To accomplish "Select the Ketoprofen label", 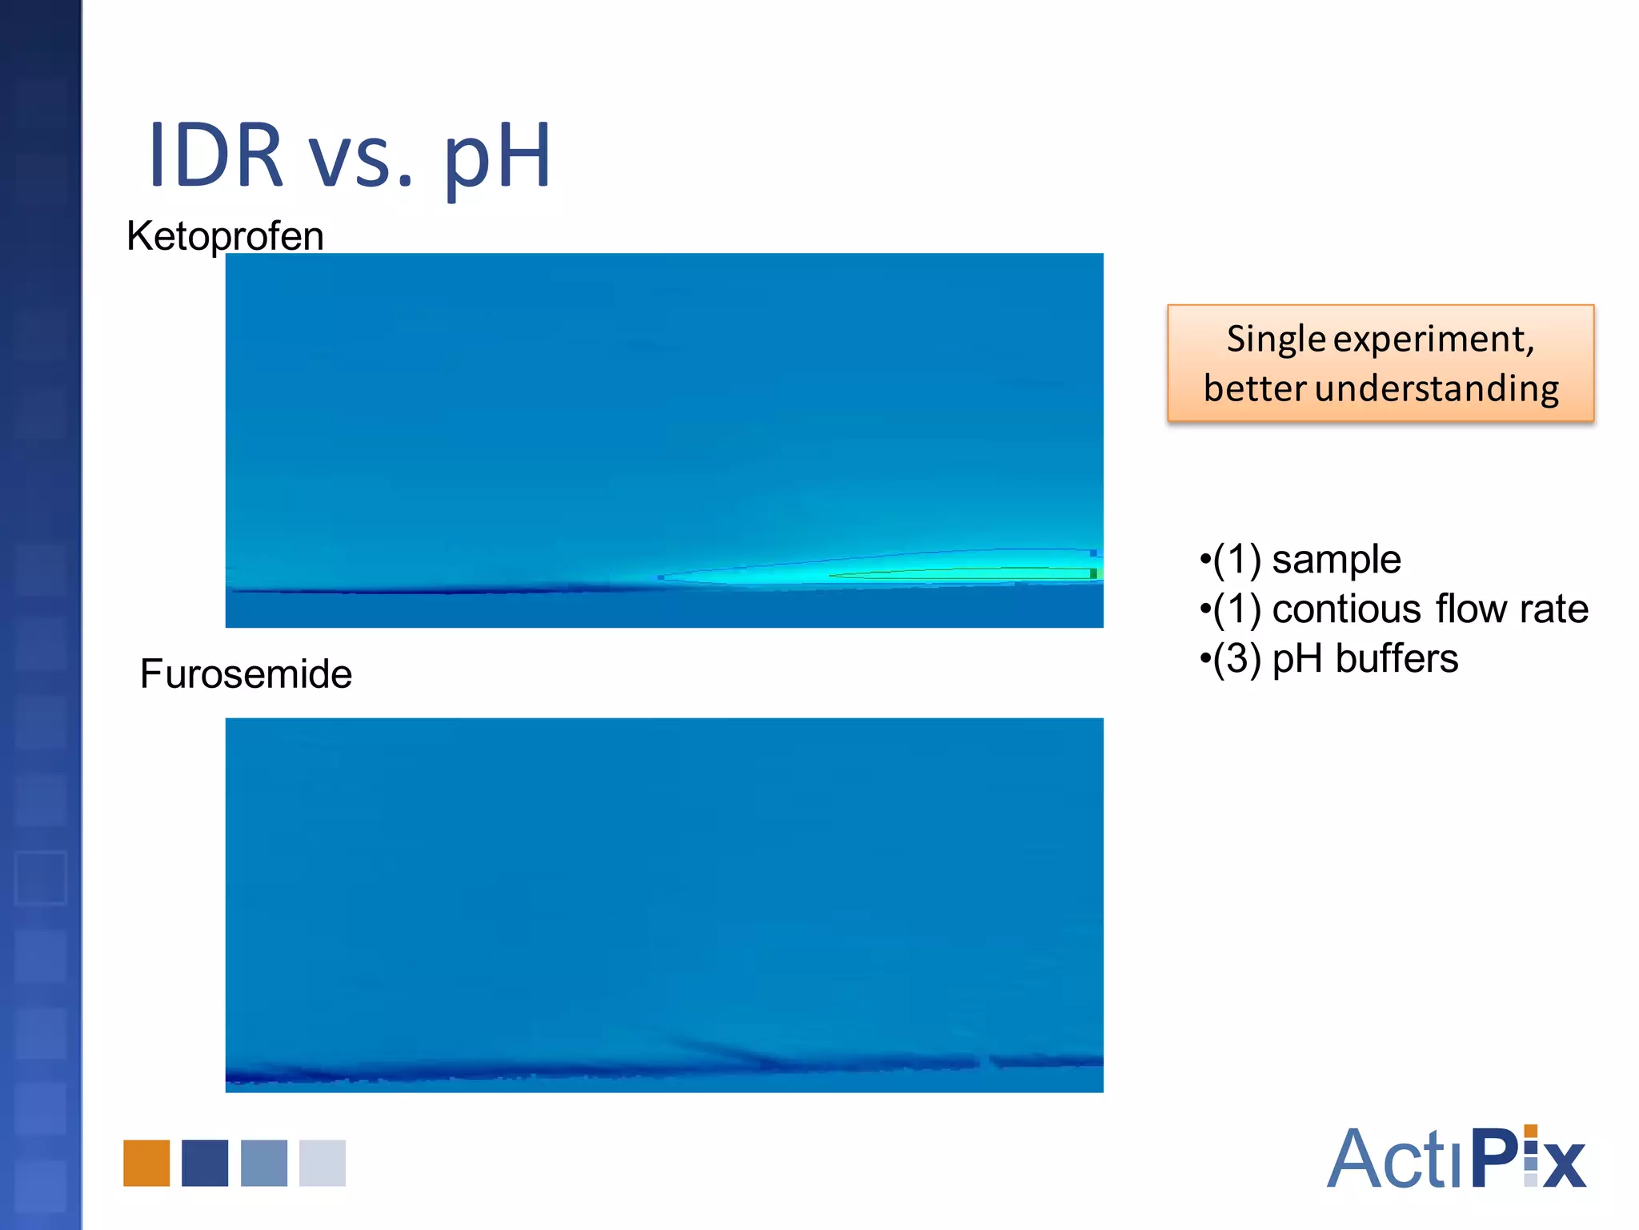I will click(x=225, y=236).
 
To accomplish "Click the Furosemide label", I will click(x=246, y=673).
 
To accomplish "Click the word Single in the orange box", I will click(x=1276, y=340).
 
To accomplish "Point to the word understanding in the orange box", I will click(x=1437, y=389).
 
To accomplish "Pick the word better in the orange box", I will click(x=1255, y=389).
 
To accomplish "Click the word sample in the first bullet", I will click(x=1336, y=559).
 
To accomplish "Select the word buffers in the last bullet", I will click(x=1397, y=659).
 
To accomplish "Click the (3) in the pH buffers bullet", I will click(x=1237, y=659).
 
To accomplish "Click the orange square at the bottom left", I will click(x=146, y=1163).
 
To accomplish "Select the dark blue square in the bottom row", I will click(x=205, y=1163).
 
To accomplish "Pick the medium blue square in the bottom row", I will click(x=264, y=1163).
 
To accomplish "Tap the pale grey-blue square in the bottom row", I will click(x=323, y=1163).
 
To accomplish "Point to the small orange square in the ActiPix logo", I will click(x=1531, y=1131).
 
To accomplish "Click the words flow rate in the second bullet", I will click(x=1512, y=609).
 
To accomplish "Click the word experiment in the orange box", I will click(x=1433, y=340).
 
